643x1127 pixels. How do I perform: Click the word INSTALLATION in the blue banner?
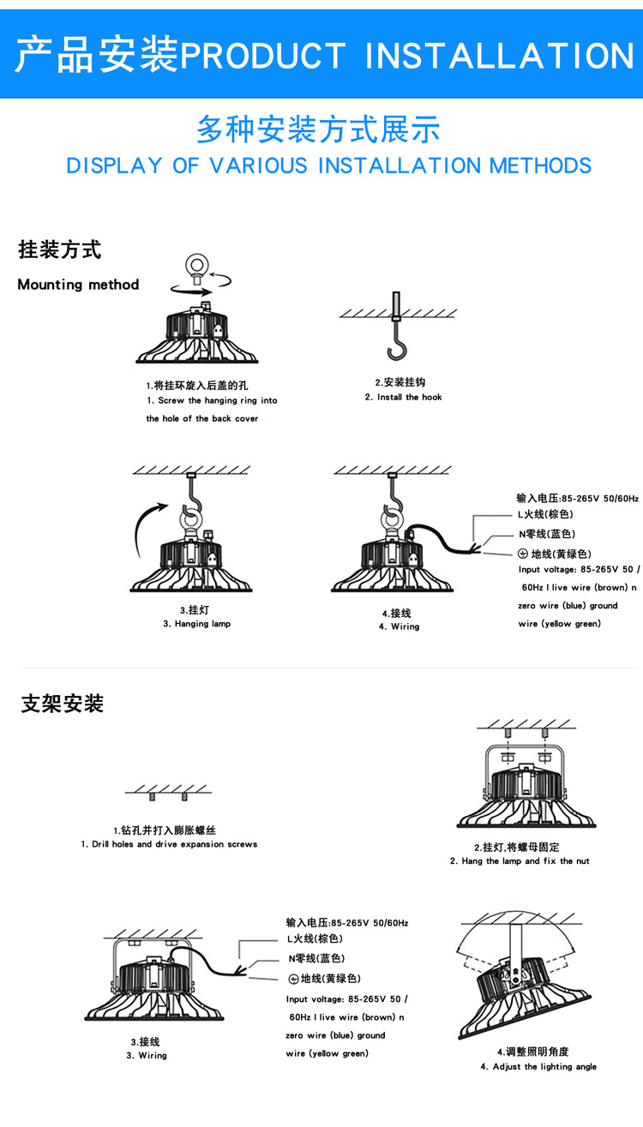tap(499, 56)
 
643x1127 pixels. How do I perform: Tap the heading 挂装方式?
tap(60, 250)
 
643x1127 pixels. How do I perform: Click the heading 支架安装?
tap(63, 704)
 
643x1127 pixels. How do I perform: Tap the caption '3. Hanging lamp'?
tap(196, 624)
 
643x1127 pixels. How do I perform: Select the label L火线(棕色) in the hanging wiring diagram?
tap(545, 514)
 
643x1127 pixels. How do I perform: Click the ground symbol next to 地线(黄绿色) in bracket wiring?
tap(293, 979)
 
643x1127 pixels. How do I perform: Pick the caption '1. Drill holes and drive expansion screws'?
tap(169, 844)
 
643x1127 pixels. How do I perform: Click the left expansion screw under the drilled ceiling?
tap(153, 797)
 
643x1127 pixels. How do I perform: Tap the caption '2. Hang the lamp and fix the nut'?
tap(520, 860)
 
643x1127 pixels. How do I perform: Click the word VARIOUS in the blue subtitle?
tap(258, 165)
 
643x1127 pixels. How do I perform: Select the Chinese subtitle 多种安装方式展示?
tap(318, 130)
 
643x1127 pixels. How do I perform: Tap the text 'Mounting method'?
tap(78, 285)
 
